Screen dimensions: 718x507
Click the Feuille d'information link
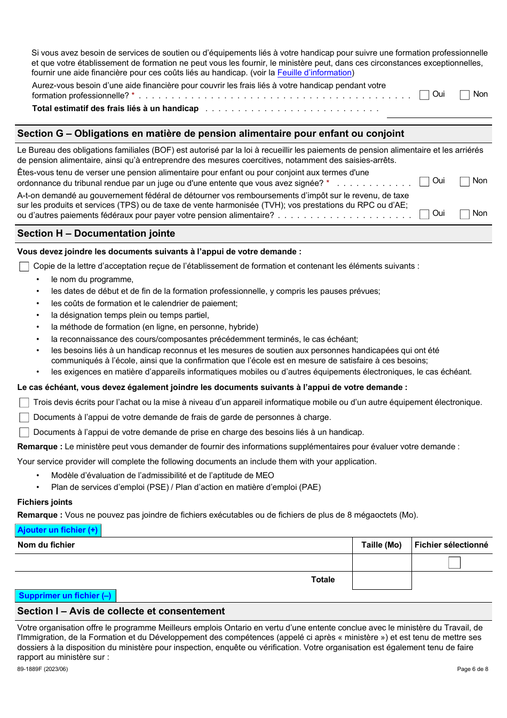pos(314,73)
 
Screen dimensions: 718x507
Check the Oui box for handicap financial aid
pos(425,95)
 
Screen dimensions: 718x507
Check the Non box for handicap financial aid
pos(465,95)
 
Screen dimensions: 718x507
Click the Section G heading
pos(211,134)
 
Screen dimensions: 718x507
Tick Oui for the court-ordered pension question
pos(425,182)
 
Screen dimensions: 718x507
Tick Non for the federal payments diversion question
pos(465,214)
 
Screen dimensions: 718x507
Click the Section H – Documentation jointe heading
pos(96,233)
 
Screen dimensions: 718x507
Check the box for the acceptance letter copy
pos(24,267)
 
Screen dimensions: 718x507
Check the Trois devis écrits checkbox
pos(24,403)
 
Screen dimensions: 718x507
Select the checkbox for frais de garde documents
pos(24,418)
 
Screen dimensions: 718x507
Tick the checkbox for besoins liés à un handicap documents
pos(24,433)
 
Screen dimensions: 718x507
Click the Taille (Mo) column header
pos(382,545)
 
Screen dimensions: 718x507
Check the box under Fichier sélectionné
pos(454,563)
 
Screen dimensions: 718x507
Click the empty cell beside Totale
pos(382,580)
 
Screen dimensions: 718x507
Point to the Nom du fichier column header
pos(46,545)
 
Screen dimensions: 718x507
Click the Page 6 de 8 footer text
pos(472,669)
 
